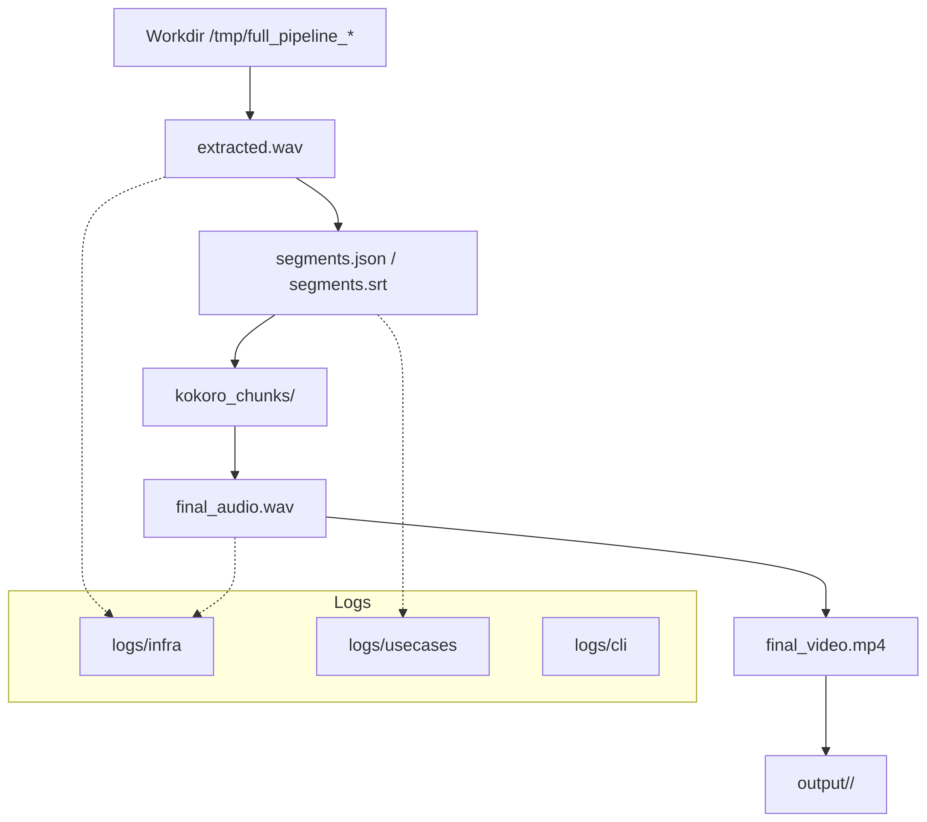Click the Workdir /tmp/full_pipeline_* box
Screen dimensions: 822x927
(250, 37)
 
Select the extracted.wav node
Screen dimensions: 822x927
(250, 148)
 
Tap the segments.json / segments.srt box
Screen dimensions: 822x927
(338, 272)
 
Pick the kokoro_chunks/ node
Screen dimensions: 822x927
(235, 397)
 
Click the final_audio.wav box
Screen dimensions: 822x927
(235, 508)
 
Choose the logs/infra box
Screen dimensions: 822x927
(146, 646)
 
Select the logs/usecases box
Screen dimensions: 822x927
(402, 646)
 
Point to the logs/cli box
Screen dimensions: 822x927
(601, 646)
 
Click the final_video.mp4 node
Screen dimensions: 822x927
(825, 646)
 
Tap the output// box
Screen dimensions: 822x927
(825, 784)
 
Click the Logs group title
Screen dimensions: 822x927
(352, 602)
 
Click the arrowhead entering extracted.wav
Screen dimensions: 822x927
(250, 115)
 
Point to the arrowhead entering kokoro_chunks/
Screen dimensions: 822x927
(235, 364)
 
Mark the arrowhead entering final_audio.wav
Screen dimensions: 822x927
(235, 475)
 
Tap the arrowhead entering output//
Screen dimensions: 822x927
(825, 751)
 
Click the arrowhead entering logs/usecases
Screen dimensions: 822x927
(402, 613)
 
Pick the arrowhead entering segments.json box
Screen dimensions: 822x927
(338, 227)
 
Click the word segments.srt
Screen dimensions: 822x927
(338, 285)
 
